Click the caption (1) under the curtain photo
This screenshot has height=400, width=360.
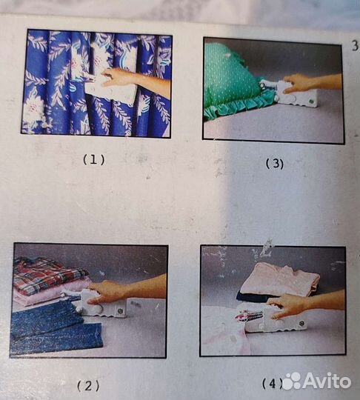click(94, 160)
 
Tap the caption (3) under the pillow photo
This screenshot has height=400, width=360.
click(275, 163)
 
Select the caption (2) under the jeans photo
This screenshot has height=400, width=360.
click(88, 386)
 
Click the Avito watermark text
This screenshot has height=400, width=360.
click(327, 381)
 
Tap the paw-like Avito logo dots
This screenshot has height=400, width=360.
click(292, 381)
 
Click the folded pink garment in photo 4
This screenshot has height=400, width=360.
click(281, 280)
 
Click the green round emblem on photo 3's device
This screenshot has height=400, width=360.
click(312, 101)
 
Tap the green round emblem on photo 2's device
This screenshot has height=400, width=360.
click(119, 311)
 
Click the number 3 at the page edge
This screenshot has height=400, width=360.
click(355, 46)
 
